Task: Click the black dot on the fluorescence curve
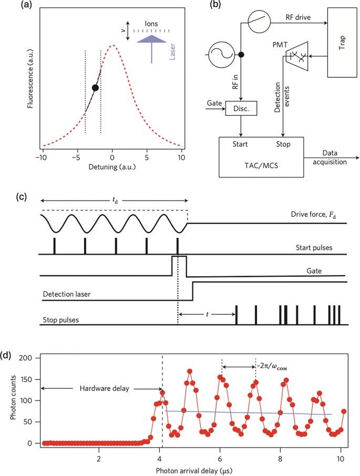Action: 95,88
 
